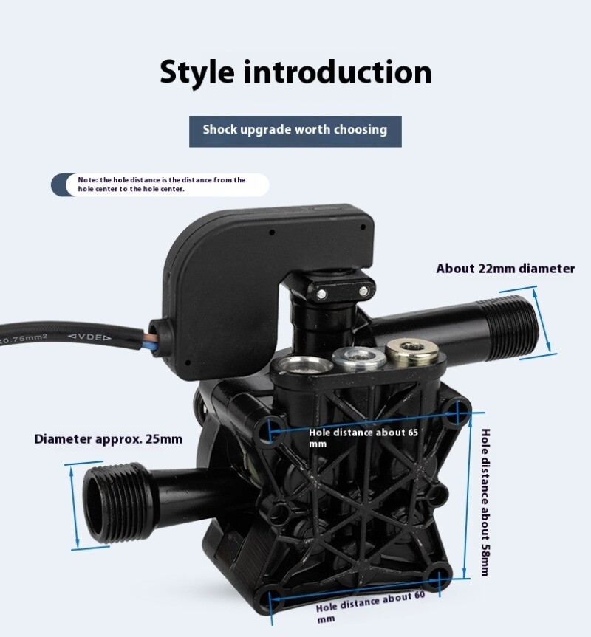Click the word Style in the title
click(197, 73)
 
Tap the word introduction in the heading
click(338, 72)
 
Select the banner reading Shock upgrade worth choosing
click(295, 131)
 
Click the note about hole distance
click(162, 185)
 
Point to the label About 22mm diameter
click(505, 269)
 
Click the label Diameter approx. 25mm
click(108, 439)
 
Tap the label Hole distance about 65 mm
click(363, 438)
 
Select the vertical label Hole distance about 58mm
click(485, 502)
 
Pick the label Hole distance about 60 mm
click(370, 607)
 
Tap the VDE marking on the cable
click(89, 337)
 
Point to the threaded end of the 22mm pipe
click(513, 328)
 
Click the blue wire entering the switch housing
click(147, 345)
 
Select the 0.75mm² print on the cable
click(25, 339)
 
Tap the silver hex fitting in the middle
click(358, 357)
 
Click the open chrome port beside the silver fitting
click(302, 364)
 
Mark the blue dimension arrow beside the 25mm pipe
click(75, 507)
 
